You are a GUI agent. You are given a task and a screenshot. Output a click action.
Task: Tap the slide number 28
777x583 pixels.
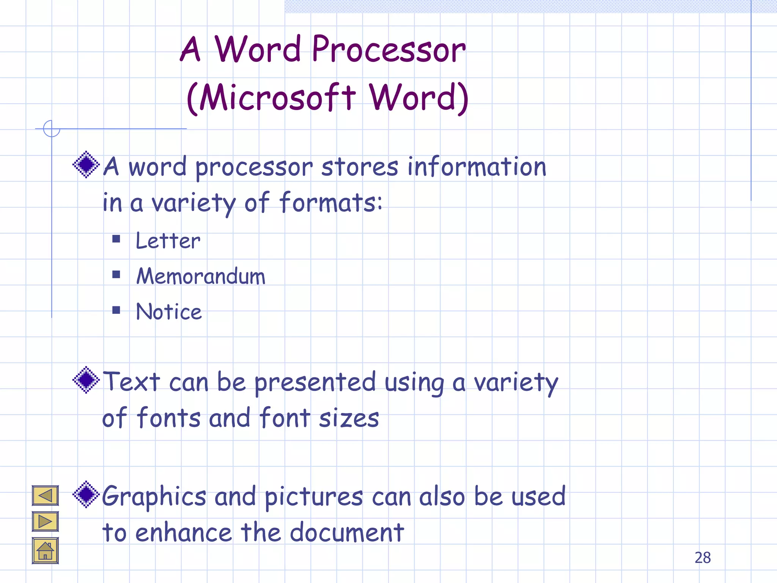(703, 558)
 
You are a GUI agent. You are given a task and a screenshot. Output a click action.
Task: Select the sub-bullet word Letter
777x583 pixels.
(168, 241)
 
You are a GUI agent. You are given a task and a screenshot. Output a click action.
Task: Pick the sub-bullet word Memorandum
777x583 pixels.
(201, 276)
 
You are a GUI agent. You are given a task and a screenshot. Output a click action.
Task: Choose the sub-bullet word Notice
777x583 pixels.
(169, 312)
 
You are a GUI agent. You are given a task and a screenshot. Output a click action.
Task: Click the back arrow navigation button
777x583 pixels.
(45, 495)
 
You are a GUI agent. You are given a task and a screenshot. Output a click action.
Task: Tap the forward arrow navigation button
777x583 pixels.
(45, 522)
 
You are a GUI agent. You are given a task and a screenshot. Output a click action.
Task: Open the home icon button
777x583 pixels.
(45, 550)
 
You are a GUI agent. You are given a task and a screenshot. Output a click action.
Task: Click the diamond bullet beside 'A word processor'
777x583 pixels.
(87, 164)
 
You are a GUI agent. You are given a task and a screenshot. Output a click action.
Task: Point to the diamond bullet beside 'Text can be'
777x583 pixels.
(87, 380)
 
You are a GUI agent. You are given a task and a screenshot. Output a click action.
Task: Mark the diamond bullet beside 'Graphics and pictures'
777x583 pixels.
(87, 494)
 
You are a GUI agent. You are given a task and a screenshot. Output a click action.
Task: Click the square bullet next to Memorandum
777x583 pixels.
(116, 274)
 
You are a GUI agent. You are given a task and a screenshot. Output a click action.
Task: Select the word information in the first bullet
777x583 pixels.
(477, 167)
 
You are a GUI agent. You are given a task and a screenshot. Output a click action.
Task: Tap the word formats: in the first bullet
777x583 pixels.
(331, 203)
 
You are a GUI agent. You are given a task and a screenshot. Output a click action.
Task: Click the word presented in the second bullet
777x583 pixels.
(315, 383)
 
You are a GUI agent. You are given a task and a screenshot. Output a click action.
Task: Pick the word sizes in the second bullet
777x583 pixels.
(349, 418)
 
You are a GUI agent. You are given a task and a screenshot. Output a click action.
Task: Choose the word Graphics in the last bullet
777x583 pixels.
(154, 497)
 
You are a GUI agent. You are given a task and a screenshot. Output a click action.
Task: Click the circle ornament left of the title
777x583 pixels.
(52, 128)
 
